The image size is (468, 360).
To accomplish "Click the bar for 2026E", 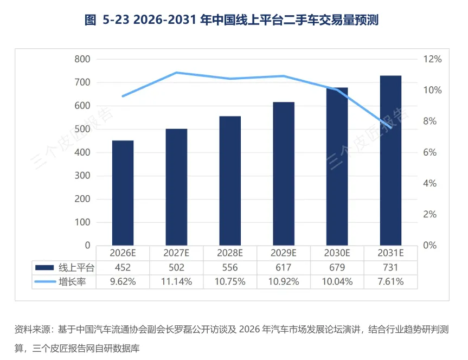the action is (x=123, y=193).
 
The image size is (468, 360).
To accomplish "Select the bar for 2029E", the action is (x=284, y=173).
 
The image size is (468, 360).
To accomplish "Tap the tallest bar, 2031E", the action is (x=390, y=160).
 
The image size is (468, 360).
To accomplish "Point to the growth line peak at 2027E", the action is (x=176, y=72).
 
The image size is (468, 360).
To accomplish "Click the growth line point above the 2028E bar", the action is (x=230, y=79).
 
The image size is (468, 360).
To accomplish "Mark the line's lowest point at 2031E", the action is (x=390, y=127).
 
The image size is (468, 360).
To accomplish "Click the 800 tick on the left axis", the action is (x=82, y=59).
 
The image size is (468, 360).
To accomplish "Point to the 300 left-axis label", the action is (x=82, y=176).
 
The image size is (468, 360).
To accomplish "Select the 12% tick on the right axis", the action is (x=433, y=59).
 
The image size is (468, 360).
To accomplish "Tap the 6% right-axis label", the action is (x=430, y=152).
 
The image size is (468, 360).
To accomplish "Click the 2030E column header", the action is (x=337, y=253).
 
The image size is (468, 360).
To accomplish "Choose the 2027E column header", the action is (x=176, y=253).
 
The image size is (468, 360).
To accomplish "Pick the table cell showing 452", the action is (x=123, y=267).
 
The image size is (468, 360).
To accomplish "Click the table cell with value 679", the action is (x=337, y=267).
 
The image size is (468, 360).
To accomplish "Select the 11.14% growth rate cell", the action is (x=176, y=281).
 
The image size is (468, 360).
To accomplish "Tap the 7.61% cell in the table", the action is (x=390, y=281).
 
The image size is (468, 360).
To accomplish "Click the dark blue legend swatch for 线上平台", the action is (x=44, y=267).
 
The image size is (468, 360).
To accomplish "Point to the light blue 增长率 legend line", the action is (x=45, y=281).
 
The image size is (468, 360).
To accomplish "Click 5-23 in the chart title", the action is (x=116, y=20).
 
